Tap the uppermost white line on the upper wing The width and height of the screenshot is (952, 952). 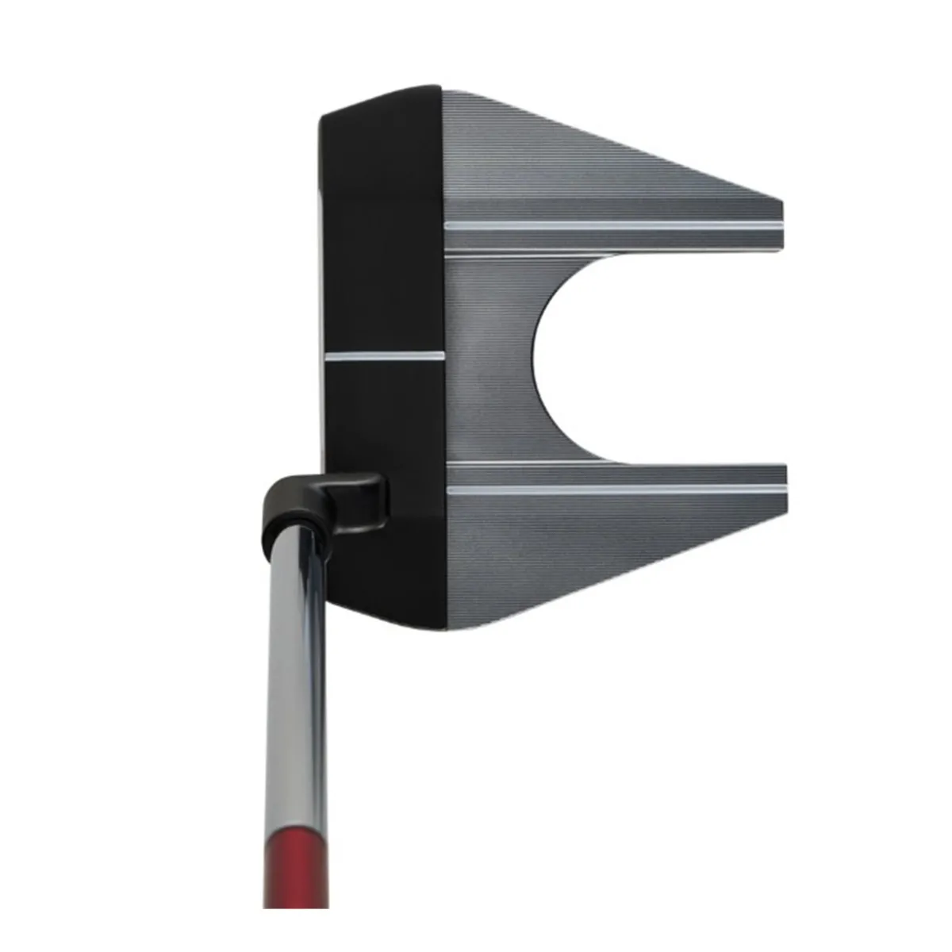coord(615,225)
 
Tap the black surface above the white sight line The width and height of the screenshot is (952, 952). coord(381,238)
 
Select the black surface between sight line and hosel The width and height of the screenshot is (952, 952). coord(381,420)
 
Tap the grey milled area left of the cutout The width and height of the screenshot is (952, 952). coord(488,357)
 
